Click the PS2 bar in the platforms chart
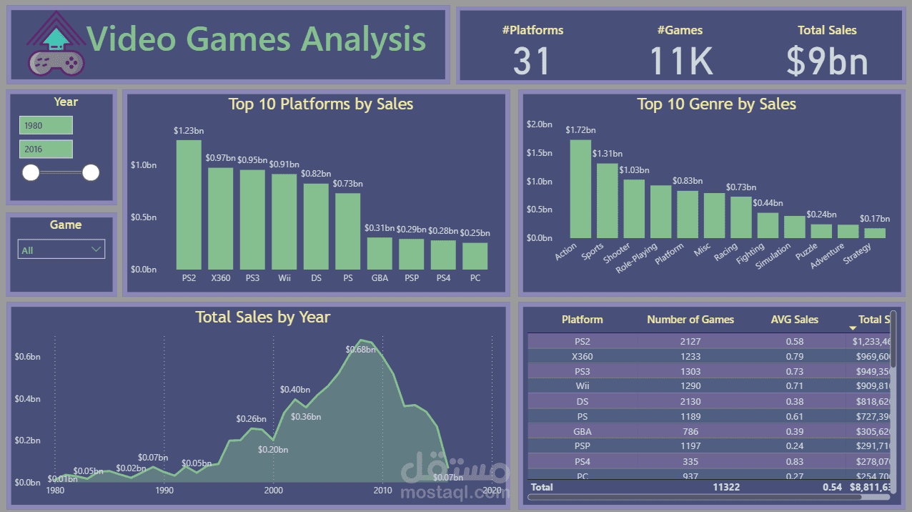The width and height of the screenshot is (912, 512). tap(189, 204)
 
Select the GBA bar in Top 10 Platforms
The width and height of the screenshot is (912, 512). tap(380, 253)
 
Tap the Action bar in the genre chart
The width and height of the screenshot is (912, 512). tap(580, 189)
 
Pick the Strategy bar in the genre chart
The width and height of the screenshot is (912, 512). tap(874, 233)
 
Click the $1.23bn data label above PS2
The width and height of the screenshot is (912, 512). tap(189, 131)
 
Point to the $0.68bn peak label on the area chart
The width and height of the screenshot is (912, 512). tap(360, 350)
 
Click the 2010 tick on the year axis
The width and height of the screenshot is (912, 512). tap(382, 491)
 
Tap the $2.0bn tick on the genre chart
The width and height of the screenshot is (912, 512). tap(539, 124)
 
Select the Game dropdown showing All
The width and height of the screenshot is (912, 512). tap(61, 250)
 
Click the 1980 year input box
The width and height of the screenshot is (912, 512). tap(46, 125)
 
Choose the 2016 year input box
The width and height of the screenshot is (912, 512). tap(46, 149)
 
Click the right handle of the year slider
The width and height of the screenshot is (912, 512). tap(91, 172)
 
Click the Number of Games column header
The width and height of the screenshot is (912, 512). tap(690, 320)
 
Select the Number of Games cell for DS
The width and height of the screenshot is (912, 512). tap(690, 401)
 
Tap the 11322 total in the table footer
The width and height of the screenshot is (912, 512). tap(725, 487)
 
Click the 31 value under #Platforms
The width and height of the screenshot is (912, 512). tap(532, 61)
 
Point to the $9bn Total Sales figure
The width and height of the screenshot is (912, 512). tap(827, 61)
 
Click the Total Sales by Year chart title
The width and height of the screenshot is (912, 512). tap(262, 317)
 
